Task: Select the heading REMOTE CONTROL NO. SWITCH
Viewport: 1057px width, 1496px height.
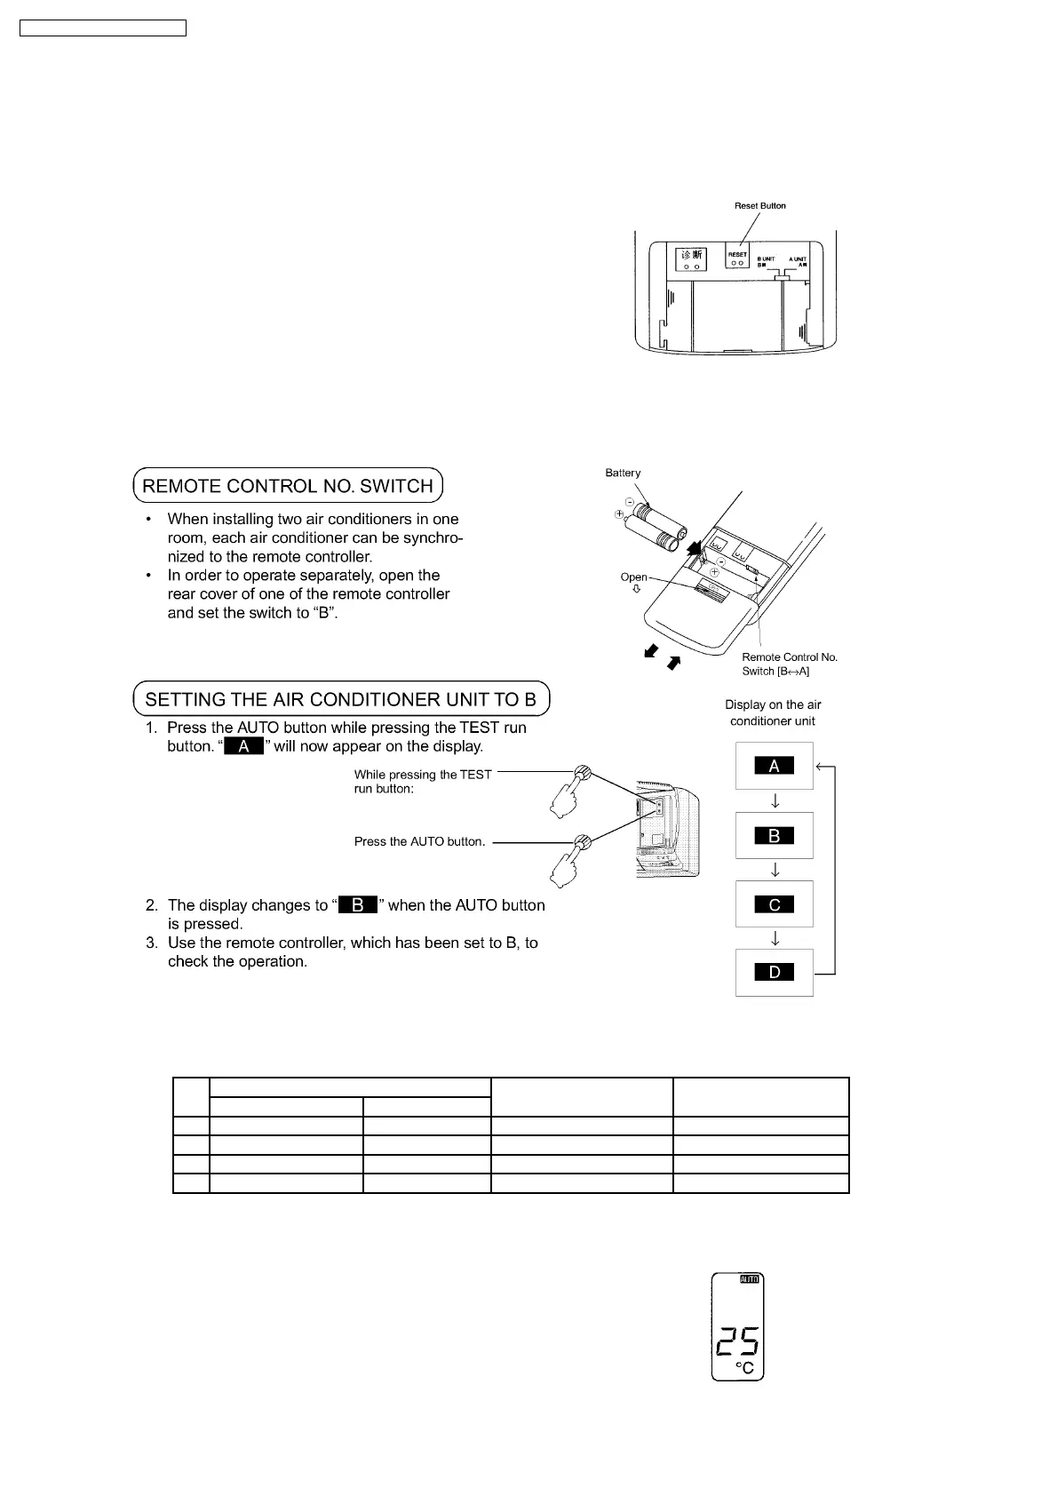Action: (288, 486)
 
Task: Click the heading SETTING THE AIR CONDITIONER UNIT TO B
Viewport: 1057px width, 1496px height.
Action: (341, 699)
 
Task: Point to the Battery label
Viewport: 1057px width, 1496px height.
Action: (623, 473)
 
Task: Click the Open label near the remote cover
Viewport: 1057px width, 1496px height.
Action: (633, 577)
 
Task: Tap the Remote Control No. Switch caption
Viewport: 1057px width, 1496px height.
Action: (790, 664)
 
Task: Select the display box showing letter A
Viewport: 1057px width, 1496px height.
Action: (774, 766)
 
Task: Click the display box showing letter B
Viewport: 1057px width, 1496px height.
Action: (774, 835)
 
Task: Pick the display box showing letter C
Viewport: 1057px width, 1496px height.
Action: (774, 904)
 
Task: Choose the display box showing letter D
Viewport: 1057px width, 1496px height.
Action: (774, 973)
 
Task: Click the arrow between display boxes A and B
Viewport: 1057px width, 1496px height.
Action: (775, 800)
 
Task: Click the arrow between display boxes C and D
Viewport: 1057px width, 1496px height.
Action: (775, 938)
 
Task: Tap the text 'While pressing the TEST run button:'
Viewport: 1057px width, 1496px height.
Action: (423, 781)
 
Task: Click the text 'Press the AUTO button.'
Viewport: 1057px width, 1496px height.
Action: (419, 841)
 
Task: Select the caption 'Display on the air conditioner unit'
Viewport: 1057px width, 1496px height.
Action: (773, 712)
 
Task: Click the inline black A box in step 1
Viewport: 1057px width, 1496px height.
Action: (244, 746)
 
